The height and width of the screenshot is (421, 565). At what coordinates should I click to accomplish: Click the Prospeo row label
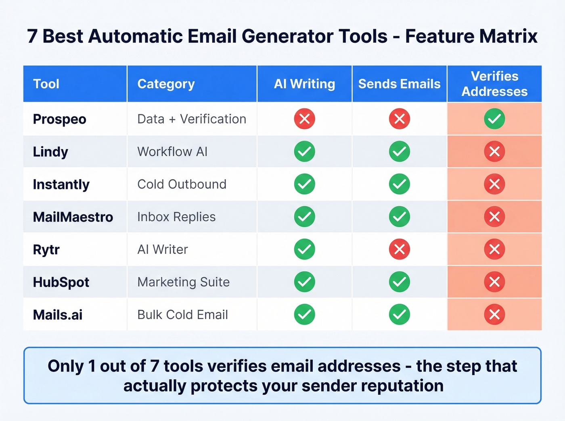pyautogui.click(x=60, y=119)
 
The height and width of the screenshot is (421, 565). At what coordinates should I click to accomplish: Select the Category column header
pyautogui.click(x=166, y=84)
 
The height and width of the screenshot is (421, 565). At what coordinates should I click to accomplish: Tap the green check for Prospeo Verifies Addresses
pyautogui.click(x=494, y=119)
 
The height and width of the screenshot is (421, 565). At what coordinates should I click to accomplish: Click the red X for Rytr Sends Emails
pyautogui.click(x=400, y=249)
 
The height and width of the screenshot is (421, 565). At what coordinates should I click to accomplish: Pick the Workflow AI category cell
pyautogui.click(x=172, y=152)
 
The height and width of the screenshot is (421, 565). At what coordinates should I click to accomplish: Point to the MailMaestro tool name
pyautogui.click(x=73, y=217)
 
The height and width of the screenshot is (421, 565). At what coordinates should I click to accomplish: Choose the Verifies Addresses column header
pyautogui.click(x=494, y=84)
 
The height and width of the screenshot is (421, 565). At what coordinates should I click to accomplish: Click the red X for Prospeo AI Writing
pyautogui.click(x=304, y=119)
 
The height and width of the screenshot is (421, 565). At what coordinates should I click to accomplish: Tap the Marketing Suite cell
pyautogui.click(x=184, y=282)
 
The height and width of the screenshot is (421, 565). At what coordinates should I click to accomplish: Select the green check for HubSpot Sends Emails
pyautogui.click(x=400, y=282)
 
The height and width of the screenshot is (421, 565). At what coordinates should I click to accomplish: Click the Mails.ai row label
pyautogui.click(x=58, y=315)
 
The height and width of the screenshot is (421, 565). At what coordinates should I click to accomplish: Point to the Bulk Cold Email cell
pyautogui.click(x=183, y=315)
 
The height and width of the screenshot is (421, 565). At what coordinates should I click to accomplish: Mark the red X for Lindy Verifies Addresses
pyautogui.click(x=494, y=152)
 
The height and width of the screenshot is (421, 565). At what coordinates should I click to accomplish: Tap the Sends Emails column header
pyautogui.click(x=400, y=84)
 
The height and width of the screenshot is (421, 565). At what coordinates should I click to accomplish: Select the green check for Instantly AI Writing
pyautogui.click(x=304, y=184)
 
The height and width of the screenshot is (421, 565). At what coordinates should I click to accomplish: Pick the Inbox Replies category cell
pyautogui.click(x=176, y=217)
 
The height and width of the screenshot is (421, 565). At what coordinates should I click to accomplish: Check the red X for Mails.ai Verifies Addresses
pyautogui.click(x=494, y=315)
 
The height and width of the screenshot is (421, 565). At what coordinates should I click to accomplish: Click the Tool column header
pyautogui.click(x=46, y=84)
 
